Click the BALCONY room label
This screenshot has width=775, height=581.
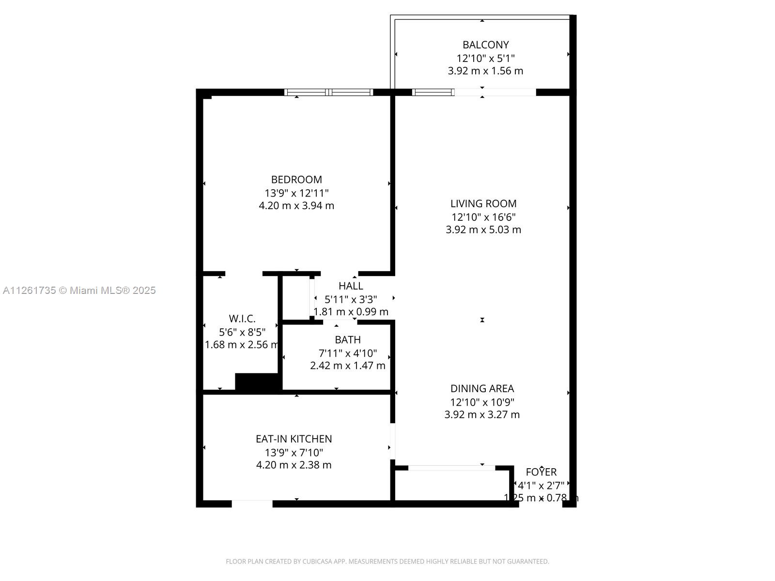(x=485, y=45)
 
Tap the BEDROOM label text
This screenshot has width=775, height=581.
(x=296, y=180)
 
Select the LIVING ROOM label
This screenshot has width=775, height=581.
(x=483, y=204)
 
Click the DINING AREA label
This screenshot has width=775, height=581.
(x=482, y=389)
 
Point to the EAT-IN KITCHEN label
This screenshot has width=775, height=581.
(x=294, y=439)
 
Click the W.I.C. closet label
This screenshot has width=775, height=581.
(x=242, y=319)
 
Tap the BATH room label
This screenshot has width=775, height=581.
(x=347, y=340)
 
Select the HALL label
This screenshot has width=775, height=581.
(x=351, y=286)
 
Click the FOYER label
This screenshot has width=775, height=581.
(x=541, y=472)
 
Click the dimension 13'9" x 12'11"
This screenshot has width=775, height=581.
(x=296, y=193)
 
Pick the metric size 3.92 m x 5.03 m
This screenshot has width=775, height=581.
(x=483, y=230)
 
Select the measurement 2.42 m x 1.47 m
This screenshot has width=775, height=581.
(x=347, y=366)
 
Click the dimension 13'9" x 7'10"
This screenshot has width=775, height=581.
(x=294, y=453)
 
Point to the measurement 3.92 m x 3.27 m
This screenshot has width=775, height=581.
(x=482, y=415)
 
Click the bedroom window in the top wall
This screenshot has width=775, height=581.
(x=328, y=92)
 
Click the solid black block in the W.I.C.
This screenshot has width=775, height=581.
(x=258, y=382)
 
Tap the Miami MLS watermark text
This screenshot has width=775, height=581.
(x=79, y=290)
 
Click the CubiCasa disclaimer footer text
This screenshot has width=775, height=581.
(x=387, y=562)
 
